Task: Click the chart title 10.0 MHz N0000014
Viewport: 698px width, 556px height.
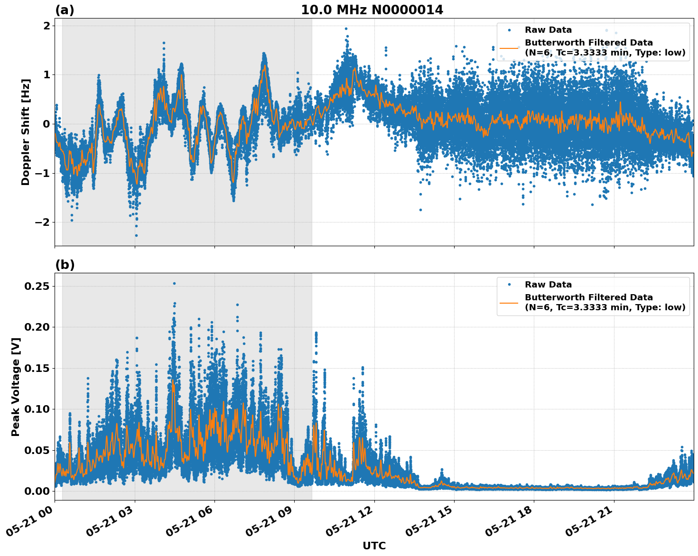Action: pyautogui.click(x=372, y=10)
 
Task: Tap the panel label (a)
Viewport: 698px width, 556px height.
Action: pyautogui.click(x=65, y=10)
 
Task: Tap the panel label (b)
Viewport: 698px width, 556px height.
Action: pyautogui.click(x=65, y=265)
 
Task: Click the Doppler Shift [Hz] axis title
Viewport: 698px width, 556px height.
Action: pyautogui.click(x=26, y=132)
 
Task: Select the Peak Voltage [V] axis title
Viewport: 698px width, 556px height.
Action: pyautogui.click(x=16, y=387)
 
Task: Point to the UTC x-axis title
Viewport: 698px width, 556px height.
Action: pyautogui.click(x=374, y=546)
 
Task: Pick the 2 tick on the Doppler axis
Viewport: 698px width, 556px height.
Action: pyautogui.click(x=47, y=26)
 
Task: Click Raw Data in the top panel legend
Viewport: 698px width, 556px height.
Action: pyautogui.click(x=548, y=30)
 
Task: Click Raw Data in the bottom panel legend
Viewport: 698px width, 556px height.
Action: pyautogui.click(x=548, y=285)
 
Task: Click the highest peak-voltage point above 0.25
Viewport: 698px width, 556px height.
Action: pyautogui.click(x=174, y=283)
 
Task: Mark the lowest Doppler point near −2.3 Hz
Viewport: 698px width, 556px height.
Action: pyautogui.click(x=136, y=235)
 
